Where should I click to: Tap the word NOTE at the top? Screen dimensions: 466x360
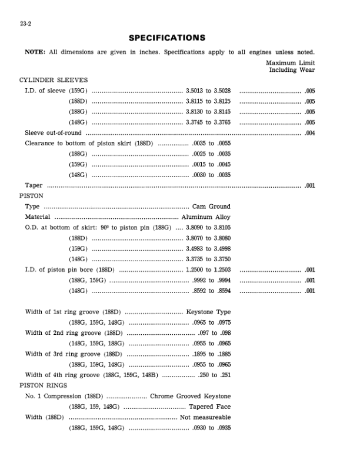34,51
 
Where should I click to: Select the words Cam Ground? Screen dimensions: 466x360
211,207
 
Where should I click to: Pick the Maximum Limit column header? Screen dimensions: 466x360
290,62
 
